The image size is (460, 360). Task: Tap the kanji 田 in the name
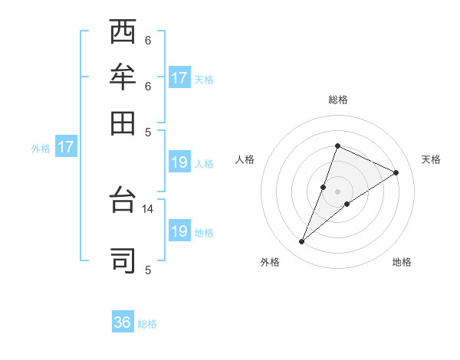click(123, 122)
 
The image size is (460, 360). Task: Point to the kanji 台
click(123, 201)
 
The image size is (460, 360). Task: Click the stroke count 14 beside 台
click(148, 208)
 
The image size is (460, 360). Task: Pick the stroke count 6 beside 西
click(148, 40)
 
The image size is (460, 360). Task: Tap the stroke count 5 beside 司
click(148, 270)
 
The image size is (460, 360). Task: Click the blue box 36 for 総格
click(123, 322)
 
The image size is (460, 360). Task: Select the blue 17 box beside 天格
click(179, 78)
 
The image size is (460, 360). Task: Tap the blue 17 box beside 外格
click(65, 147)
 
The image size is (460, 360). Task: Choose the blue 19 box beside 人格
click(179, 162)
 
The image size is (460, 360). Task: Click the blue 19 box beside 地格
click(179, 231)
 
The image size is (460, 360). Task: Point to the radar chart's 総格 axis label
click(337, 100)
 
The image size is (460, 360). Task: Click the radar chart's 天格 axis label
click(431, 159)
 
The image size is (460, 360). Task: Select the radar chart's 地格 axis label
click(402, 263)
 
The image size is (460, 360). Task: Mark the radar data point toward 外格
click(302, 242)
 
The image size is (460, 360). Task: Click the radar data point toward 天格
click(396, 172)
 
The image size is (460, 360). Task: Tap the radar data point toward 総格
click(337, 146)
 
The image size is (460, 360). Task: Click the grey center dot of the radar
click(337, 191)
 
